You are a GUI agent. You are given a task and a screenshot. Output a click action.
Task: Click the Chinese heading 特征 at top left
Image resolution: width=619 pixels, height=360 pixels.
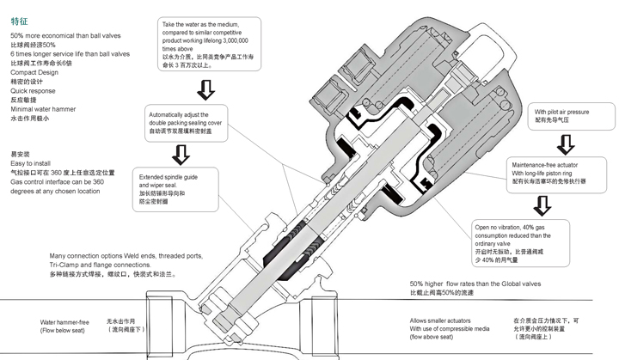[x=18, y=13]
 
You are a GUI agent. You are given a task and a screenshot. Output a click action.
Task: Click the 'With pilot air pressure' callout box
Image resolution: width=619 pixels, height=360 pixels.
[x=561, y=117]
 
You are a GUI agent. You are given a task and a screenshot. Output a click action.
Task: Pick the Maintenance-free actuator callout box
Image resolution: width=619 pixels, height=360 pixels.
[x=549, y=172]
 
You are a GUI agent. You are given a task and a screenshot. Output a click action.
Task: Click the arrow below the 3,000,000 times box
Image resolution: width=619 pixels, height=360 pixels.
[x=206, y=88]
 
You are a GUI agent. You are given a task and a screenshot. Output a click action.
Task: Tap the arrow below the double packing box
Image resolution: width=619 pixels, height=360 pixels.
[x=183, y=155]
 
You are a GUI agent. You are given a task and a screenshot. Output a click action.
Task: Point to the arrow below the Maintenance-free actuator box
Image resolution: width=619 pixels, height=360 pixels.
[x=542, y=205]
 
